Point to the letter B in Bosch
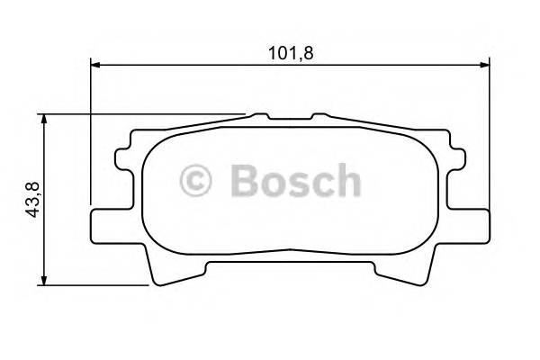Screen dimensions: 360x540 point(244,181)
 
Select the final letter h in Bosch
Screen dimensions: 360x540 point(347,180)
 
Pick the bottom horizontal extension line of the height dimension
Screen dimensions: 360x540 point(99,285)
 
